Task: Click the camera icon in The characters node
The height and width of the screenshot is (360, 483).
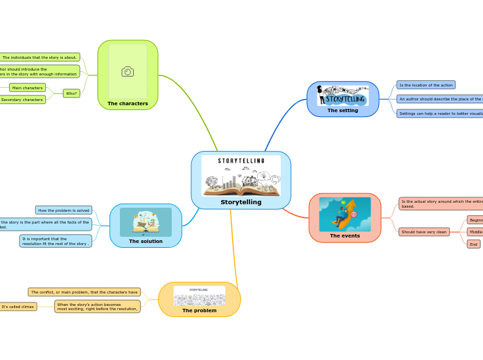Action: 128,72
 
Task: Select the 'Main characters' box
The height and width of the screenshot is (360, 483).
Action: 28,88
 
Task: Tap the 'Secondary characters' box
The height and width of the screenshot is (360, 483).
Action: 22,100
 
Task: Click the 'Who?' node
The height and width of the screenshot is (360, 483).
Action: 71,93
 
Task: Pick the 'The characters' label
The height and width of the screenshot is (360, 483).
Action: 128,103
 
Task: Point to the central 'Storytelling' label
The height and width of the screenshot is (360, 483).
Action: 241,202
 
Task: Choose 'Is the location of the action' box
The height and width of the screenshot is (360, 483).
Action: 425,85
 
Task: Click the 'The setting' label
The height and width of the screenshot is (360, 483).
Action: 342,110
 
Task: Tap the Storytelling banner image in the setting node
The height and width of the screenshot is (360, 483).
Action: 343,96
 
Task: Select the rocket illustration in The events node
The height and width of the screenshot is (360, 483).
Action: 344,214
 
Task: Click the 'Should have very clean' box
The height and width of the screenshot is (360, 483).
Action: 423,232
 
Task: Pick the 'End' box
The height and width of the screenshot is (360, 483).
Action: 473,244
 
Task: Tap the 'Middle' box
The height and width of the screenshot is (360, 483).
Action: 475,232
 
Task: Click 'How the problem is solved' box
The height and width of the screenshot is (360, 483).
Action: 64,210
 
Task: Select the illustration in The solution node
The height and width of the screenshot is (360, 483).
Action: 146,222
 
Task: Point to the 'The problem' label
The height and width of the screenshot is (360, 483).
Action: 199,310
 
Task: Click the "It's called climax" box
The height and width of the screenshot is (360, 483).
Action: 18,307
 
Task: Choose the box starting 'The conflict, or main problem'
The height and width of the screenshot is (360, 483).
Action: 84,292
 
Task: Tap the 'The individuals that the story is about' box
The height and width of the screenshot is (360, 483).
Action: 39,57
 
